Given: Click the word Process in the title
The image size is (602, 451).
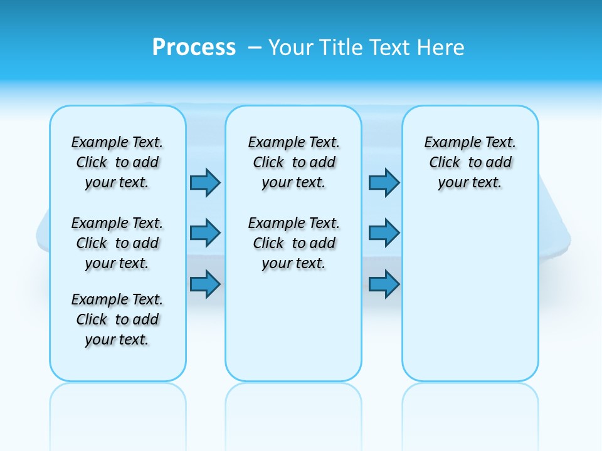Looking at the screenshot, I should (194, 48).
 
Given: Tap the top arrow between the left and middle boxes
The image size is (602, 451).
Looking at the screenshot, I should (205, 182).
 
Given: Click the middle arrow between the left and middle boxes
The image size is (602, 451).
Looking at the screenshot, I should (205, 233).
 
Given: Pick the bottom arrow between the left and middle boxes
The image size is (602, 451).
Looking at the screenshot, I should (205, 284).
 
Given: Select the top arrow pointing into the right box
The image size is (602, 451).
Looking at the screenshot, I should (384, 182).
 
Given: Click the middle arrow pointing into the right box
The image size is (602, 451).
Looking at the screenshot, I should (384, 233).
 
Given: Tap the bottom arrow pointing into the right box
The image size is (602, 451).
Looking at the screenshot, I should (384, 284).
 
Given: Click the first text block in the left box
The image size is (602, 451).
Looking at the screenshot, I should (117, 162).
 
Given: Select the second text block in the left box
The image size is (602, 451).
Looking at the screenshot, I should (117, 243).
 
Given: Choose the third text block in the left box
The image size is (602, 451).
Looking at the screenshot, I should (117, 319).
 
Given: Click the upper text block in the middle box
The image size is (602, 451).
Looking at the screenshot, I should (294, 162).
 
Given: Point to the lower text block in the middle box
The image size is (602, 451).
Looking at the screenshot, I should (294, 243).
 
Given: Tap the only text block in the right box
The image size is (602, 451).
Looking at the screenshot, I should (470, 162).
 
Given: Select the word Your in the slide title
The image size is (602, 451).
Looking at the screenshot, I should (290, 48).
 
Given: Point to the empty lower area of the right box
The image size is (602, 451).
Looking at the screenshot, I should (470, 301).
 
